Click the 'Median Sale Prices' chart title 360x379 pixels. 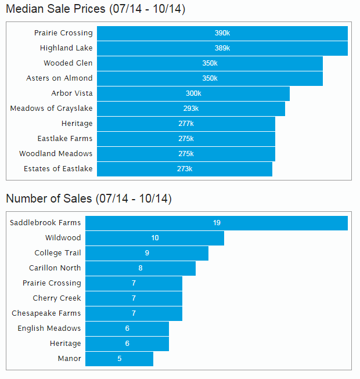[95, 9]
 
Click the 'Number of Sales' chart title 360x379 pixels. [88, 198]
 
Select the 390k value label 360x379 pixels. [222, 33]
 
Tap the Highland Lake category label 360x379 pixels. [66, 48]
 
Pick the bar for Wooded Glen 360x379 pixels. [210, 63]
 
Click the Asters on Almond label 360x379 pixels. [59, 78]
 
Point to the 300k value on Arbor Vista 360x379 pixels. [193, 93]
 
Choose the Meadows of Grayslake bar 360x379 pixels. [191, 109]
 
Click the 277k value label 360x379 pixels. [186, 124]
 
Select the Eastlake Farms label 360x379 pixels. [65, 139]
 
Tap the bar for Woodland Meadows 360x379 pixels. [186, 154]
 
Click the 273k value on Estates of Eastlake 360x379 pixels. [185, 169]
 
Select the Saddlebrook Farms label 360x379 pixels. [45, 223]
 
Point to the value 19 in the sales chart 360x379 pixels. [217, 223]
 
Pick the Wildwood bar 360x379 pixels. [154, 238]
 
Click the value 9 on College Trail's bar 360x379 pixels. [147, 253]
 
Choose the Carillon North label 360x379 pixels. [55, 268]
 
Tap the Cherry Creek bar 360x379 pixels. [134, 298]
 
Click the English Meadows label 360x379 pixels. [49, 329]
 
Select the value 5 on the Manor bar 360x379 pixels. [120, 359]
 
